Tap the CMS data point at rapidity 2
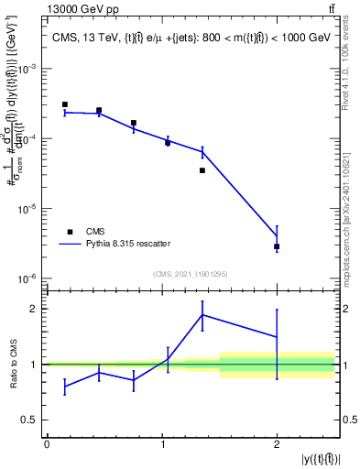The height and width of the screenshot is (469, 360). pyautogui.click(x=277, y=246)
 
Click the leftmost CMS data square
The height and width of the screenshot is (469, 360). pyautogui.click(x=65, y=104)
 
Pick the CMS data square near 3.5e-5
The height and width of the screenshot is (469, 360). pyautogui.click(x=202, y=170)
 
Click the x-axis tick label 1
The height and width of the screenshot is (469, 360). pyautogui.click(x=162, y=444)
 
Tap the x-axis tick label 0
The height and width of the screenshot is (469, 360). pyautogui.click(x=47, y=444)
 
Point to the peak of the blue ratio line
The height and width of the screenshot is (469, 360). pyautogui.click(x=202, y=314)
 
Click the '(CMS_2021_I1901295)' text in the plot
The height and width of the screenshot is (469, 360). pyautogui.click(x=191, y=274)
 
